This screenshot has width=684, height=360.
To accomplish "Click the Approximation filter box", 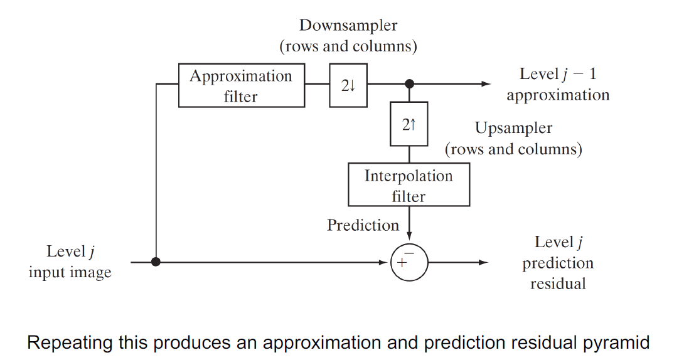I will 242,85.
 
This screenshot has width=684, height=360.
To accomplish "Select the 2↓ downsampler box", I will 348,85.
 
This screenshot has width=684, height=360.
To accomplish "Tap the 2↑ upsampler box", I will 409,124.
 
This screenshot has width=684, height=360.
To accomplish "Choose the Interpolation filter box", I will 409,185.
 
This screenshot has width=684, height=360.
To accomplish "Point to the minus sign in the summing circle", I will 409,251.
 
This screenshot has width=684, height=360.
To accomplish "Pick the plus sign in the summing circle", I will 402,263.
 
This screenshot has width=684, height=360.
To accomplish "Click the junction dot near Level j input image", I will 156,262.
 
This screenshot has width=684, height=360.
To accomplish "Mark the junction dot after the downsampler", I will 409,83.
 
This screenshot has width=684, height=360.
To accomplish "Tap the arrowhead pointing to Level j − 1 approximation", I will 486,83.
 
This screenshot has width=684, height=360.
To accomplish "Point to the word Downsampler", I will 348,26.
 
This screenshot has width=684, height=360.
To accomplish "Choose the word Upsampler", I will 513,129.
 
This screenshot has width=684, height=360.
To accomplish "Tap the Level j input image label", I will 70,262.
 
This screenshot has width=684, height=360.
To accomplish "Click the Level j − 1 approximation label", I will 558,85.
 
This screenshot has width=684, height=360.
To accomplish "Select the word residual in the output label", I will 558,283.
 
